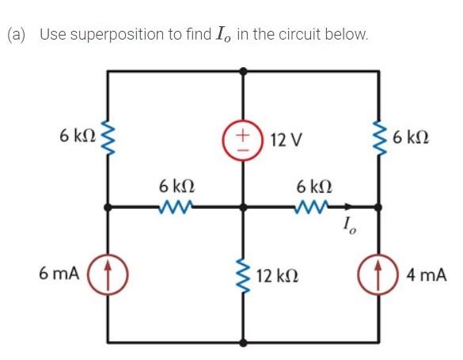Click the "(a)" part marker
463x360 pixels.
[17, 35]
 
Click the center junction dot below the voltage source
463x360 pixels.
[242, 207]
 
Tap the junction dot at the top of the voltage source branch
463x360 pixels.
[242, 70]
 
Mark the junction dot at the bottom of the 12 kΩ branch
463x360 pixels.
[242, 343]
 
